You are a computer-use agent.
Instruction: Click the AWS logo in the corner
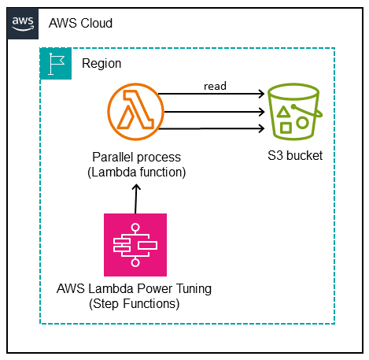(x=22, y=23)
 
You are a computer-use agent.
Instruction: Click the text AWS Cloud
(x=79, y=23)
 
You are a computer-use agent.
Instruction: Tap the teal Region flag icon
(x=55, y=63)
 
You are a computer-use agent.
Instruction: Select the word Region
(x=101, y=63)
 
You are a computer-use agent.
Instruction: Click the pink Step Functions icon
(x=135, y=244)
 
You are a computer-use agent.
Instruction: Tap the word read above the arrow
(x=216, y=85)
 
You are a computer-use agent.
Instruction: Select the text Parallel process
(x=136, y=157)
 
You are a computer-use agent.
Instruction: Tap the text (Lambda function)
(x=136, y=171)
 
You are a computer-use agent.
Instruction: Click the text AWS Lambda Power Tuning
(x=136, y=289)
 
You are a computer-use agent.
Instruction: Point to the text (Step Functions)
(x=136, y=303)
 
